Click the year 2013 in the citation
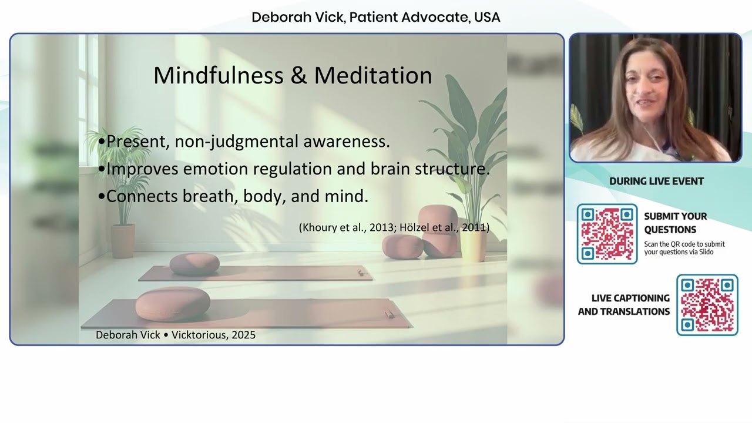[x=382, y=227]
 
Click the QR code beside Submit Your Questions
[x=607, y=234]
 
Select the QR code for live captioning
[x=707, y=305]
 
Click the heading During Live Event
[x=656, y=182]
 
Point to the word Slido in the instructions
[x=706, y=252]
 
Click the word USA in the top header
[x=487, y=17]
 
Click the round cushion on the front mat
[x=173, y=304]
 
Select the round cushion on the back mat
[x=194, y=264]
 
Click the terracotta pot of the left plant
[x=123, y=241]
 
